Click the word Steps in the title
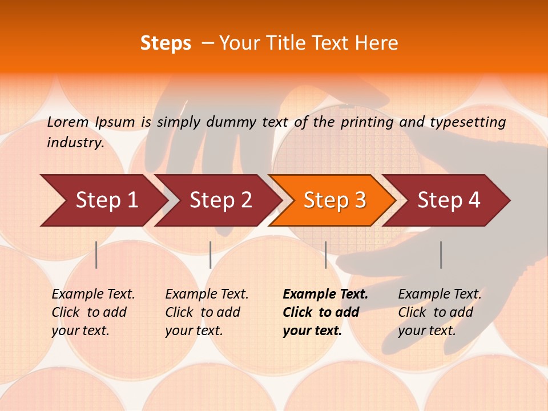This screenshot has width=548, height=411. [166, 43]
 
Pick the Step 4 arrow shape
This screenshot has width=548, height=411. [449, 200]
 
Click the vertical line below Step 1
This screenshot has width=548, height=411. [96, 255]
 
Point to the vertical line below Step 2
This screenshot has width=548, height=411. [211, 255]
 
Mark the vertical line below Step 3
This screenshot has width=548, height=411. [325, 255]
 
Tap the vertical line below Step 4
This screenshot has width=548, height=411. [441, 255]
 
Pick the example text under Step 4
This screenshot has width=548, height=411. [440, 312]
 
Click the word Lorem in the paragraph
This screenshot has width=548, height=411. [68, 122]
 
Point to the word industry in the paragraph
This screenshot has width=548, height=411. [75, 143]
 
